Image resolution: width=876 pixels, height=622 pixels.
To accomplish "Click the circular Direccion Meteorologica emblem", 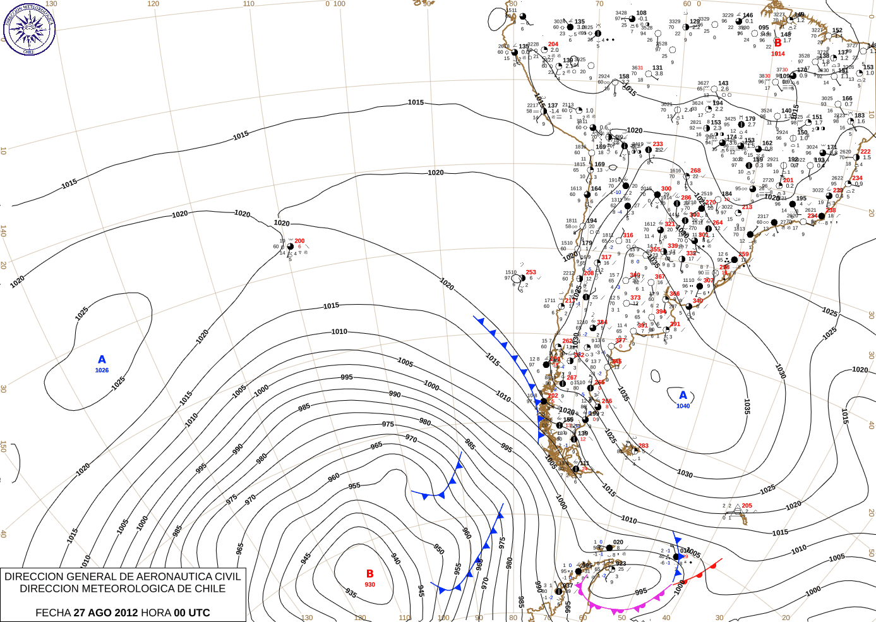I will point(29,29).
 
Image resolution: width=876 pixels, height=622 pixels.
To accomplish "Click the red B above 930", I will point(370,574).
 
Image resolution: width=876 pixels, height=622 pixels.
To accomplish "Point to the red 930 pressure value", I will point(370,585).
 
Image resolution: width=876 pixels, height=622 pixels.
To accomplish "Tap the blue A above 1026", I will point(102,360).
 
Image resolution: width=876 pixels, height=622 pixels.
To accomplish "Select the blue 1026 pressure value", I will point(102,370).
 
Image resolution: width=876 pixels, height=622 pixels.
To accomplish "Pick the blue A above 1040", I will point(683,396).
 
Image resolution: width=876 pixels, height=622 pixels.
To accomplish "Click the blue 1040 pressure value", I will point(683,406).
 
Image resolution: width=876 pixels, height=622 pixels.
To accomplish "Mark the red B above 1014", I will point(778,43).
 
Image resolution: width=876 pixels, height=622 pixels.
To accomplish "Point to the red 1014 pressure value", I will point(778,54).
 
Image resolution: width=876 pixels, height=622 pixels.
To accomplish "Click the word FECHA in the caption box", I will point(53,613).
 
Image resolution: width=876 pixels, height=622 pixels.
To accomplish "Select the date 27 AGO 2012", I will point(105,613).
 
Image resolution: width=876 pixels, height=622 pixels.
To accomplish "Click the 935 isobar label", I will point(352,593).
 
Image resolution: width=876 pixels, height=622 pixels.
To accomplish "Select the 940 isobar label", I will point(395,559).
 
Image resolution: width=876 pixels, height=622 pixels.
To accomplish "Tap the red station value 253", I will point(531,272).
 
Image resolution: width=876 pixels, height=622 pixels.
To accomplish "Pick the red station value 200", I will point(299,241).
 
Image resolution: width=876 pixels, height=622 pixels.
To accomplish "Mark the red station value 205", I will point(747,506).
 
